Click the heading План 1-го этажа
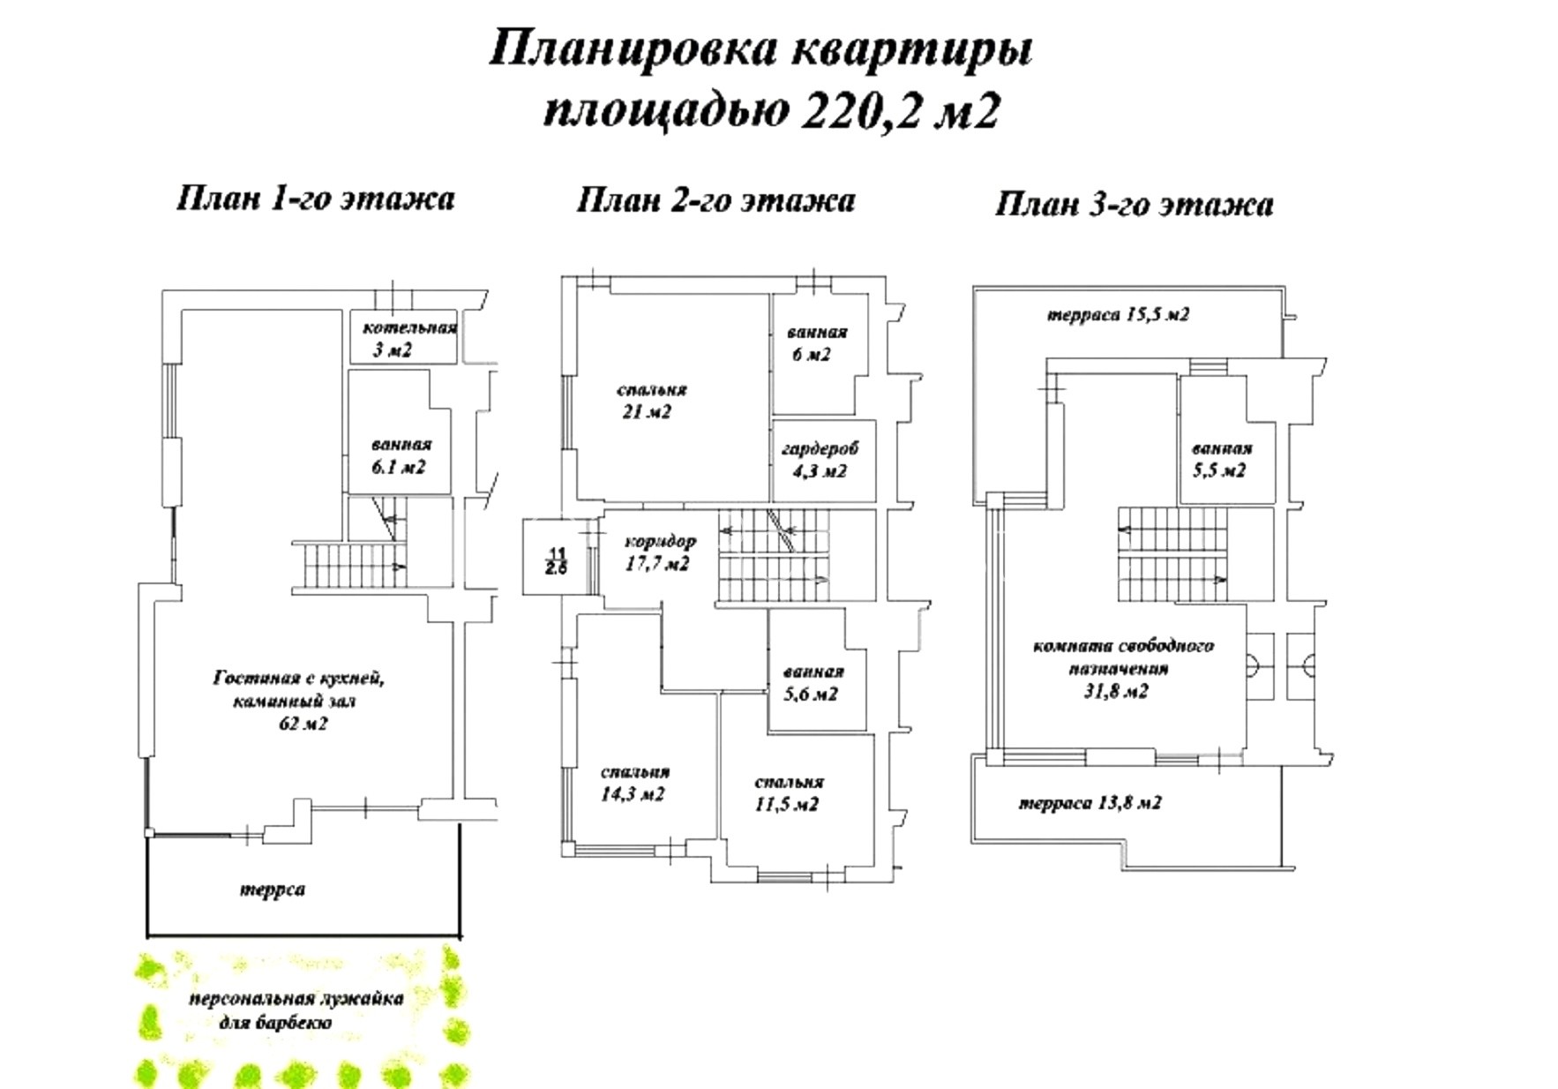point(315,199)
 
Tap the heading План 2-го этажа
point(715,201)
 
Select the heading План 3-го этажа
point(1134,205)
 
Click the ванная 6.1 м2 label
point(401,455)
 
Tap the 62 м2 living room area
point(303,724)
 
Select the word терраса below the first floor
point(273,890)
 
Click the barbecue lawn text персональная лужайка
point(296,999)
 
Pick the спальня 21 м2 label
point(651,401)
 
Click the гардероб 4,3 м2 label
point(820,460)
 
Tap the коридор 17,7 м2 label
point(659,552)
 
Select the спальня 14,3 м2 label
point(633,783)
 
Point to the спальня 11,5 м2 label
point(789,793)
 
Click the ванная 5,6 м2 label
point(813,683)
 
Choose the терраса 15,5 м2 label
point(1118,315)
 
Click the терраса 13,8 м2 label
point(1090,803)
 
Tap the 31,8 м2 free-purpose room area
point(1117,691)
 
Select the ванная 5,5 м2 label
point(1220,460)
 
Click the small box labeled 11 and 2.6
point(556,560)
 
